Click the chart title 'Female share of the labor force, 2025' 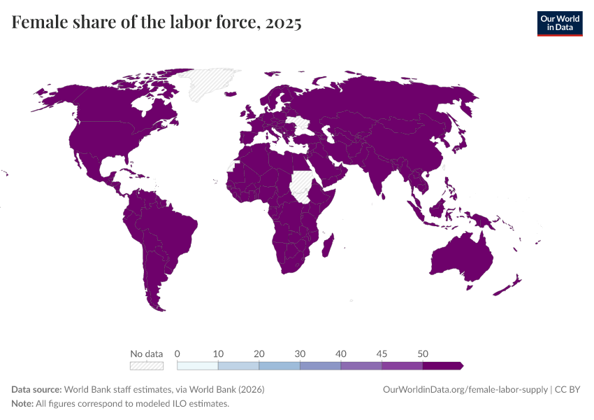157,23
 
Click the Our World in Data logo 559,23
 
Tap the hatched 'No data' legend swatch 146,365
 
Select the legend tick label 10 218,353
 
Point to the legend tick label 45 382,353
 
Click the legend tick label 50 423,353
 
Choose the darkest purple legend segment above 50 442,365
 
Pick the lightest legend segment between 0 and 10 198,365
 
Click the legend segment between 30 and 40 320,365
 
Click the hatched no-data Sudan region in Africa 303,183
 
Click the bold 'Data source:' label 36,389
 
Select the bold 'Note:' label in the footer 23,404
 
